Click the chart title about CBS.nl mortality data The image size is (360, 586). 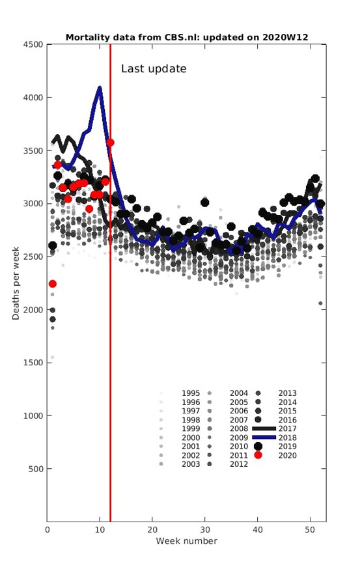pyautogui.click(x=187, y=37)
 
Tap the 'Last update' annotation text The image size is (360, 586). pyautogui.click(x=154, y=69)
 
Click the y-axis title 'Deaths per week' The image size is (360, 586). pyautogui.click(x=16, y=283)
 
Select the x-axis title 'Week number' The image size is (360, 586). pyautogui.click(x=187, y=541)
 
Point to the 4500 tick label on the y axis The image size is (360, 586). pyautogui.click(x=33, y=44)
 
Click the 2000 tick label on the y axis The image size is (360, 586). pyautogui.click(x=33, y=310)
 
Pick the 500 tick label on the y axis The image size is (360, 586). pyautogui.click(x=36, y=469)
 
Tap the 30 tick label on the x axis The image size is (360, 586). pyautogui.click(x=205, y=529)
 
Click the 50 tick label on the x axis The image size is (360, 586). pyautogui.click(x=310, y=529)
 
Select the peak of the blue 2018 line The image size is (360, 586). pyautogui.click(x=100, y=88)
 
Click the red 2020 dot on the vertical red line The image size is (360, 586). pyautogui.click(x=110, y=143)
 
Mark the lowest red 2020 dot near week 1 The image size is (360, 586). pyautogui.click(x=53, y=284)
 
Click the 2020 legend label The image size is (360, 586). pyautogui.click(x=288, y=455)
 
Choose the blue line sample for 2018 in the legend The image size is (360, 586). pyautogui.click(x=264, y=438)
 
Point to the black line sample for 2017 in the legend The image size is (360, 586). pyautogui.click(x=264, y=428)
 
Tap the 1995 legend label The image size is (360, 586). pyautogui.click(x=191, y=393)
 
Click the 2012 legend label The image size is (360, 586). pyautogui.click(x=239, y=464)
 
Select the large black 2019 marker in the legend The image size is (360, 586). pyautogui.click(x=258, y=446)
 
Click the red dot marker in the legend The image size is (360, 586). pyautogui.click(x=258, y=455)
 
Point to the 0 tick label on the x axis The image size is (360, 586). pyautogui.click(x=47, y=529)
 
